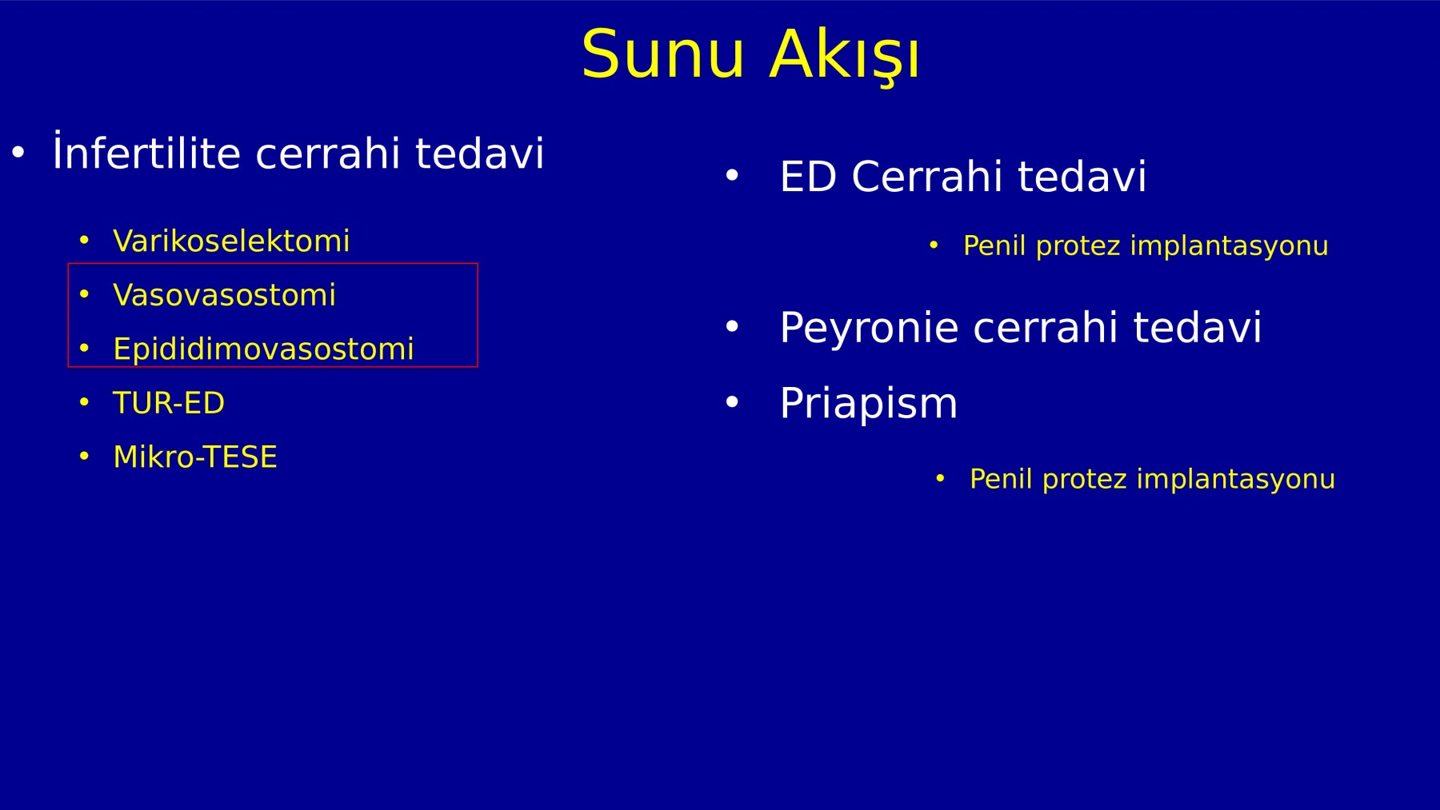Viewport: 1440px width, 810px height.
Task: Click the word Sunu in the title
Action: (663, 54)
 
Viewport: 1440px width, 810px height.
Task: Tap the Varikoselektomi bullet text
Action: (231, 241)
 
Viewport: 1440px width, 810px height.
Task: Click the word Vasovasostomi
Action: (224, 295)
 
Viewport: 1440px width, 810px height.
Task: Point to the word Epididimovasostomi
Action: (263, 349)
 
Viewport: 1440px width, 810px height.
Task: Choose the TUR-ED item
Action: (169, 403)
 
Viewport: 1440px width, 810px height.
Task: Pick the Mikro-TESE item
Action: (195, 457)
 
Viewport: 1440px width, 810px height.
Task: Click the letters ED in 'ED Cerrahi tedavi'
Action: (808, 176)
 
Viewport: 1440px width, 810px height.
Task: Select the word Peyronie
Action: (868, 328)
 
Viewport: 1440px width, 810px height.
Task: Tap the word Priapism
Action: (868, 403)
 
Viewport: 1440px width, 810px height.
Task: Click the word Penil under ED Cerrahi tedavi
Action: (994, 245)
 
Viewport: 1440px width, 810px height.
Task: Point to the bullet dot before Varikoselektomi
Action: (84, 240)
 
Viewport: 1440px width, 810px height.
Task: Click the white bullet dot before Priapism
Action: (732, 402)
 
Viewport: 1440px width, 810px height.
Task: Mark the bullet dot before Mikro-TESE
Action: (84, 456)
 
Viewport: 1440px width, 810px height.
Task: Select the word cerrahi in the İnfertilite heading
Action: (327, 152)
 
